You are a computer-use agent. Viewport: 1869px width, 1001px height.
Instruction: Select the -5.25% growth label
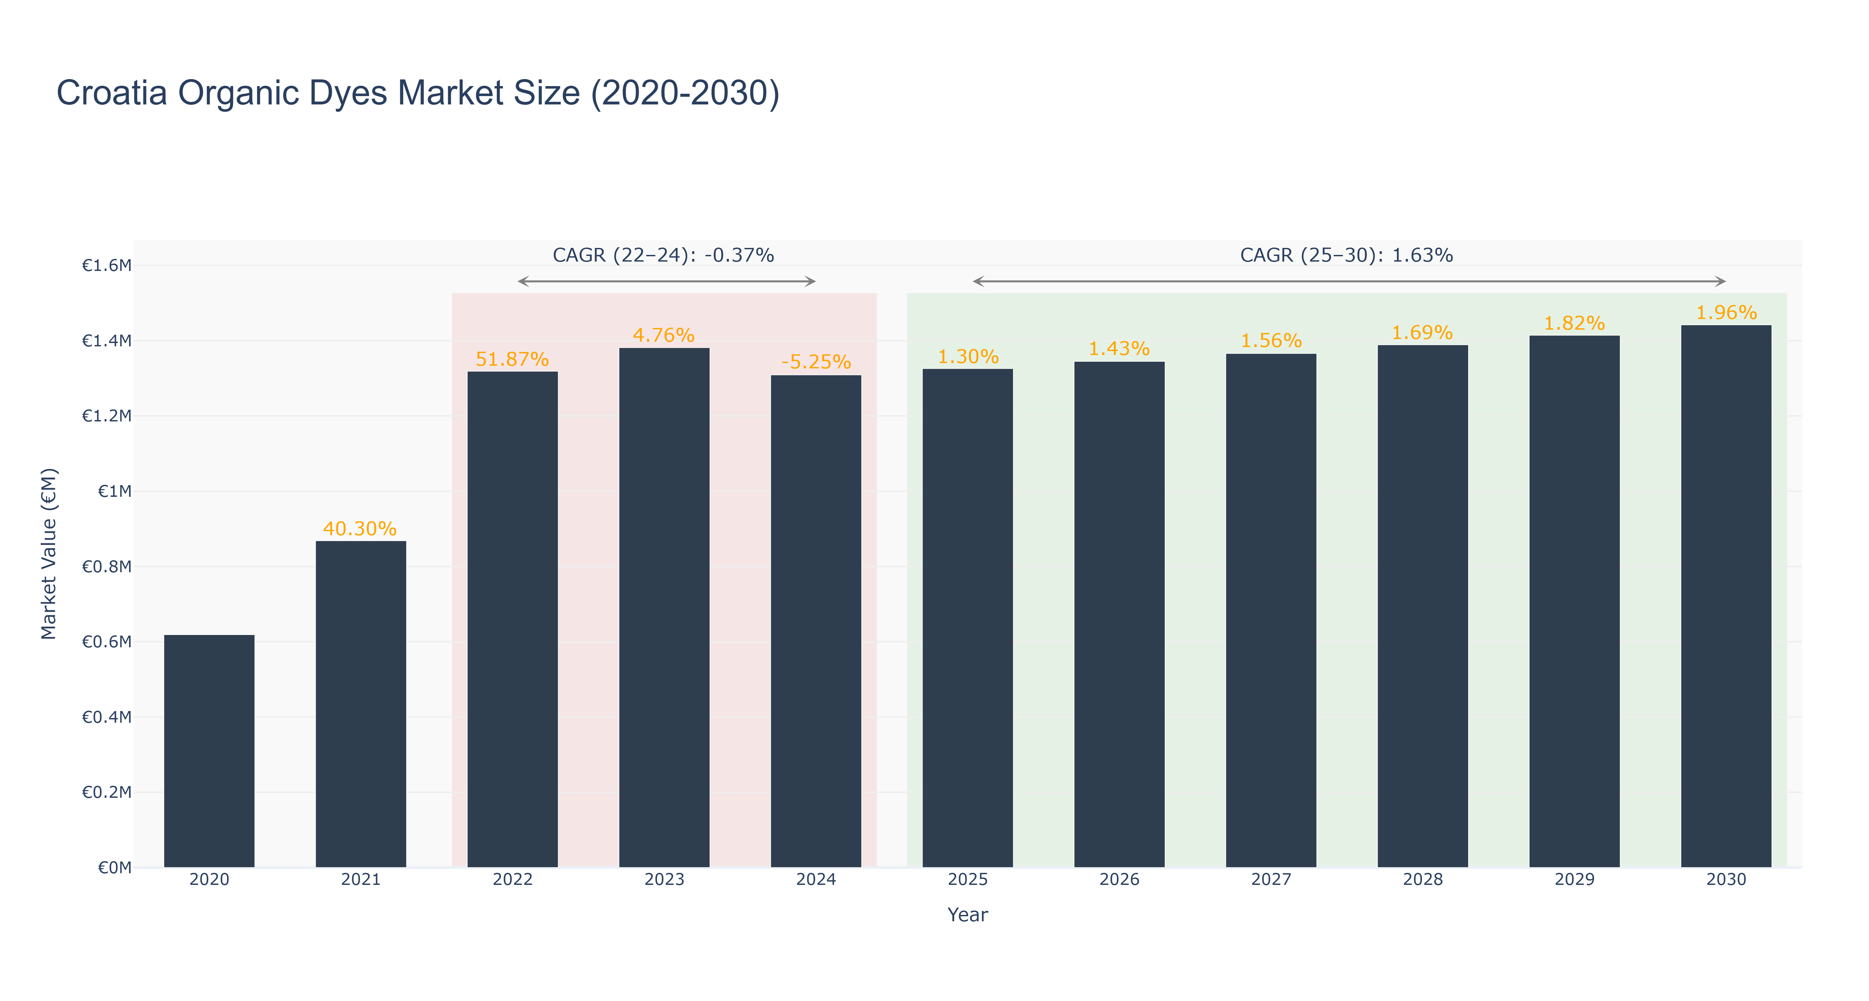(x=816, y=362)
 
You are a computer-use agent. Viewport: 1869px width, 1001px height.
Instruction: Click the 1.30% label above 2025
(x=968, y=357)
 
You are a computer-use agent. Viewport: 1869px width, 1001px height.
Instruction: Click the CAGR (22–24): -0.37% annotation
(x=663, y=255)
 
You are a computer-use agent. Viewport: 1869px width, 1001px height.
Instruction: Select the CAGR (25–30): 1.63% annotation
(x=1347, y=255)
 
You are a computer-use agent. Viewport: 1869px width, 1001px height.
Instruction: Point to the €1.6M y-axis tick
(x=107, y=266)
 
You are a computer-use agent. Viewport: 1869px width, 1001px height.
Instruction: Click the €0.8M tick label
(x=107, y=567)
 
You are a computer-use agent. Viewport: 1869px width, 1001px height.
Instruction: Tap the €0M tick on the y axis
(x=114, y=868)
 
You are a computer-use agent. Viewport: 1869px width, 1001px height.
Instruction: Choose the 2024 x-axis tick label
(x=816, y=880)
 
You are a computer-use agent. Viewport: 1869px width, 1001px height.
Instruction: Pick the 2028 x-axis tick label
(x=1423, y=880)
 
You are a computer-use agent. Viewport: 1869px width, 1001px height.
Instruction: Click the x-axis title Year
(x=968, y=915)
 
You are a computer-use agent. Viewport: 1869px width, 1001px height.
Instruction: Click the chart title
(x=418, y=93)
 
